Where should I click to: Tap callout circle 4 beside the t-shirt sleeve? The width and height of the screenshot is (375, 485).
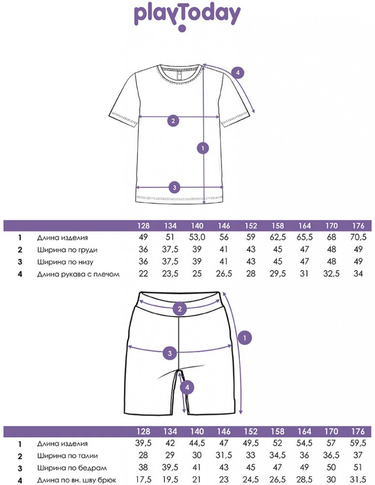click(238, 73)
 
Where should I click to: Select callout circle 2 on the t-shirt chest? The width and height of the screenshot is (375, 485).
click(173, 120)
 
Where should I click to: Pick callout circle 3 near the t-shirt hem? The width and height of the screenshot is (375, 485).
click(175, 187)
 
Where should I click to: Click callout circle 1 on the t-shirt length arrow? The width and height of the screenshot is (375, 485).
click(203, 148)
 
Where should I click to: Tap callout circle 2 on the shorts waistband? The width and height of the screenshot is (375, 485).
click(180, 308)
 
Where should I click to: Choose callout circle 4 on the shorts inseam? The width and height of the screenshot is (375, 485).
click(187, 387)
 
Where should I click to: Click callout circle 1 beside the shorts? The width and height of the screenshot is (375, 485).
click(245, 338)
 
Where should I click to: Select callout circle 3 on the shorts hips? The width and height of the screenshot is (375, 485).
click(170, 353)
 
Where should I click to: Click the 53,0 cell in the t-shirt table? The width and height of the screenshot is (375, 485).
click(197, 237)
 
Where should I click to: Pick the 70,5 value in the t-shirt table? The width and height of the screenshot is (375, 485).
click(358, 237)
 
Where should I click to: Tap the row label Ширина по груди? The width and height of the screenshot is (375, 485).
click(67, 250)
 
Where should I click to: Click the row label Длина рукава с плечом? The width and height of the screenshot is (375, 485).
click(78, 274)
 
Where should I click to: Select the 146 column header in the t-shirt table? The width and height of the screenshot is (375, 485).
click(224, 226)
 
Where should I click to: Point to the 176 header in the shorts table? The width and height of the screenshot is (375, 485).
click(358, 431)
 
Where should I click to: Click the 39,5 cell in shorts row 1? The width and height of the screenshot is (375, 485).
click(143, 443)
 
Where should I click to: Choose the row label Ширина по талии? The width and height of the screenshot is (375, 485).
click(67, 456)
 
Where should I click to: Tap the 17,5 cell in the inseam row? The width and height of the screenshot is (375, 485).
click(143, 480)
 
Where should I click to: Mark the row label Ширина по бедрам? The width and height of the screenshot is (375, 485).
click(72, 468)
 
